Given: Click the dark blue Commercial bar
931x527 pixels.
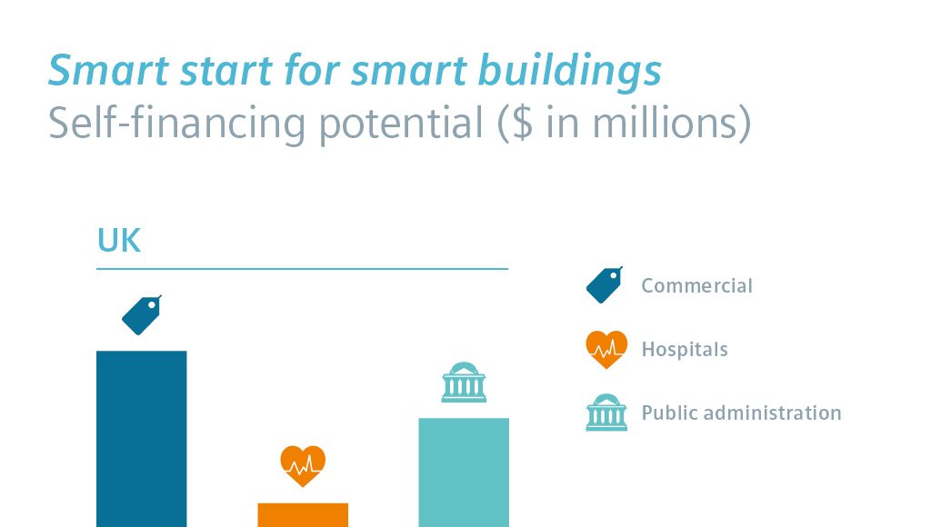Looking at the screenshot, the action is point(141,439).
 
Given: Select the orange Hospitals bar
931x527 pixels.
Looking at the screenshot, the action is point(303,515).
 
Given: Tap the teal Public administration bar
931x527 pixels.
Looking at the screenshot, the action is point(464,472).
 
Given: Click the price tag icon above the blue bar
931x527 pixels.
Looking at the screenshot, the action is point(142,315).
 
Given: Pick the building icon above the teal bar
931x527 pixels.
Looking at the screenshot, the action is point(464,383).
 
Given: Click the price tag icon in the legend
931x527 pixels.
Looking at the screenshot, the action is point(605,285).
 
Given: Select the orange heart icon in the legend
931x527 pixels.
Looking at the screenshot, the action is point(606,350).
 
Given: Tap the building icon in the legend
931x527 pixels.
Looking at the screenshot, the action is point(606,413).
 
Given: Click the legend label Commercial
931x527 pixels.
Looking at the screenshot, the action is point(696,286).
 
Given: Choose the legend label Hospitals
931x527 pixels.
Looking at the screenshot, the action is point(685,350).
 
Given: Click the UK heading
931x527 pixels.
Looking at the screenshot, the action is point(119,241).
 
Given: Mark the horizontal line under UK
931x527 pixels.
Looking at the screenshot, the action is point(302,269).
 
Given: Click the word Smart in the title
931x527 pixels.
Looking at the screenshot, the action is point(109,70).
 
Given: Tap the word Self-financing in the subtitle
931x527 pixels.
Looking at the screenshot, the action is point(176,124).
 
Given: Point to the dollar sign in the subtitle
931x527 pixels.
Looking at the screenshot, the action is point(522,123).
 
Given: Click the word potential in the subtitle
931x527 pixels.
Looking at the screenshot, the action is point(401,124).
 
